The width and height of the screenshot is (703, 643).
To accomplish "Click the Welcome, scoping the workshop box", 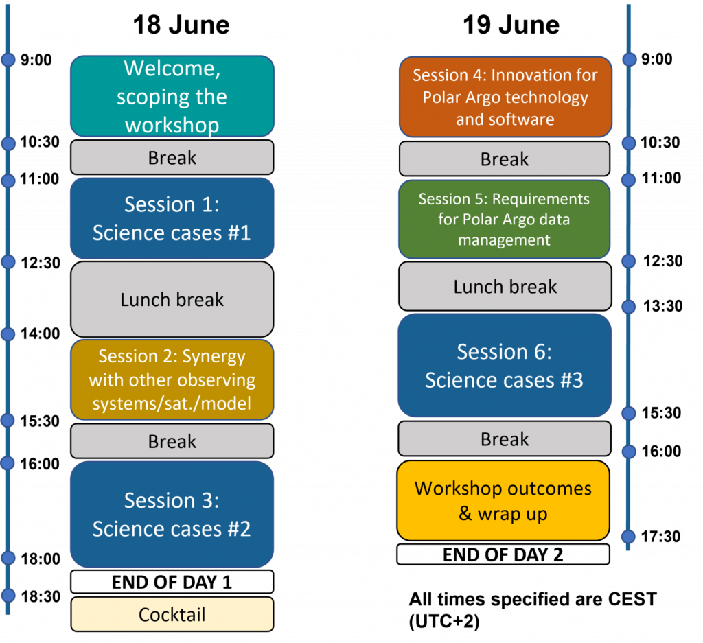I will [x=172, y=96].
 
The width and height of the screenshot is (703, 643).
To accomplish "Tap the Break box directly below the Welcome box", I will [x=172, y=157].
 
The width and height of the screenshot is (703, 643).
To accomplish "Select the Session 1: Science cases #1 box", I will [x=172, y=218].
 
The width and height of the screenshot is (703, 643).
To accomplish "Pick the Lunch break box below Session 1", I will [x=172, y=299].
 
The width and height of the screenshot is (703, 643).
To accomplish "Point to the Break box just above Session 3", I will [x=172, y=441].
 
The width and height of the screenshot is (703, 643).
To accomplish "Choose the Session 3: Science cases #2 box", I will [x=172, y=514].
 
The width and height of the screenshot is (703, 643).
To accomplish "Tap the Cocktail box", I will [x=172, y=614].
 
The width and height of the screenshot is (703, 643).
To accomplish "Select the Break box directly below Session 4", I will [x=505, y=159].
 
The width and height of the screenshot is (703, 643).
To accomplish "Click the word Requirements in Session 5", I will [x=541, y=199].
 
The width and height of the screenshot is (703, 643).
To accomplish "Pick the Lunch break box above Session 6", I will [x=505, y=286].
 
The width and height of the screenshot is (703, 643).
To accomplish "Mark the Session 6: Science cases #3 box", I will [x=505, y=366].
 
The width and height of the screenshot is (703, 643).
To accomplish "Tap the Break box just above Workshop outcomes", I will [x=505, y=439].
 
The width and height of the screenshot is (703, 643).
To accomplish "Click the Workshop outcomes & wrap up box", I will [x=503, y=501].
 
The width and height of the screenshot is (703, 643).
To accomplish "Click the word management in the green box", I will [x=505, y=240].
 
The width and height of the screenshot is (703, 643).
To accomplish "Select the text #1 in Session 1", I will [x=237, y=233].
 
